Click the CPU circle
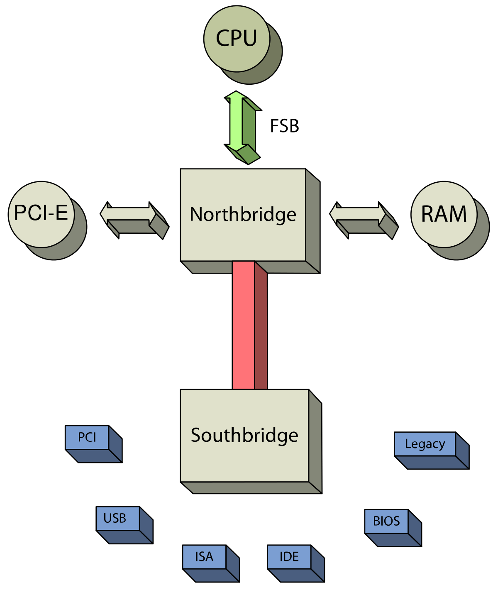237,39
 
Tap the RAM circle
444,214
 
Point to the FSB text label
284,126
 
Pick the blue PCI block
87,437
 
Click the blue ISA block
204,557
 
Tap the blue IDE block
289,557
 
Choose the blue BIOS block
386,521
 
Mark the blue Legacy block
425,444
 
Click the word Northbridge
243,215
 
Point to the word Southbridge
244,435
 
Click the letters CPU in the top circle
237,38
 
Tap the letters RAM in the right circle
444,214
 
